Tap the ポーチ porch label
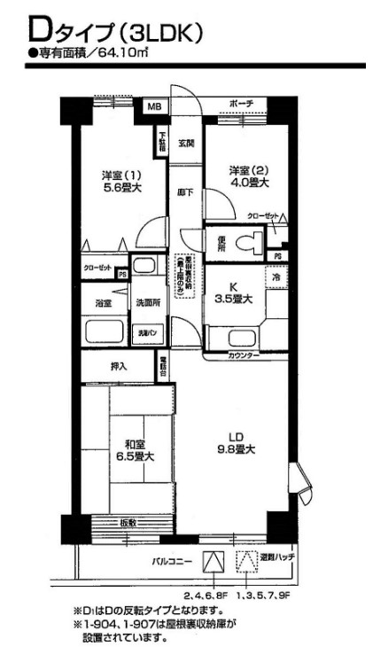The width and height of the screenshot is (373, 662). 241,105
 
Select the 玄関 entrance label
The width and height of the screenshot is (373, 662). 186,143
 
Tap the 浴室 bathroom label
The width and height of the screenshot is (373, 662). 104,303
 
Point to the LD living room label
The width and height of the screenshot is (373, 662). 237,436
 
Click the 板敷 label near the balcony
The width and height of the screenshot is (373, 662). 129,523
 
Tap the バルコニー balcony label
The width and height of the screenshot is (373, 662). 167,562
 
